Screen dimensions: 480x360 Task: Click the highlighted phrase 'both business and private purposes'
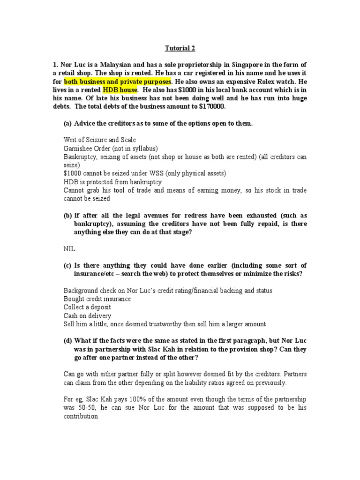pyautogui.click(x=117, y=81)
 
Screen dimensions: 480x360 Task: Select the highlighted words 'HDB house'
pyautogui.click(x=120, y=90)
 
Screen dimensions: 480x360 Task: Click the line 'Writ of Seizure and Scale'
pyautogui.click(x=99, y=140)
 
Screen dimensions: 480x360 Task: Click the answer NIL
pyautogui.click(x=69, y=248)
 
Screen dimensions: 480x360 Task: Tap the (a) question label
pyautogui.click(x=68, y=123)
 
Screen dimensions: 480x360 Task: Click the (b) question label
pyautogui.click(x=68, y=215)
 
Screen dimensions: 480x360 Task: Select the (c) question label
pyautogui.click(x=68, y=265)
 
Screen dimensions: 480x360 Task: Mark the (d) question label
pyautogui.click(x=68, y=341)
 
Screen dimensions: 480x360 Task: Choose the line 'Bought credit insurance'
pyautogui.click(x=97, y=299)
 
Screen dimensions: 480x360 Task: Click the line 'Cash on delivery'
pyautogui.click(x=87, y=315)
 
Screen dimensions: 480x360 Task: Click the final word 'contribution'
pyautogui.click(x=81, y=416)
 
